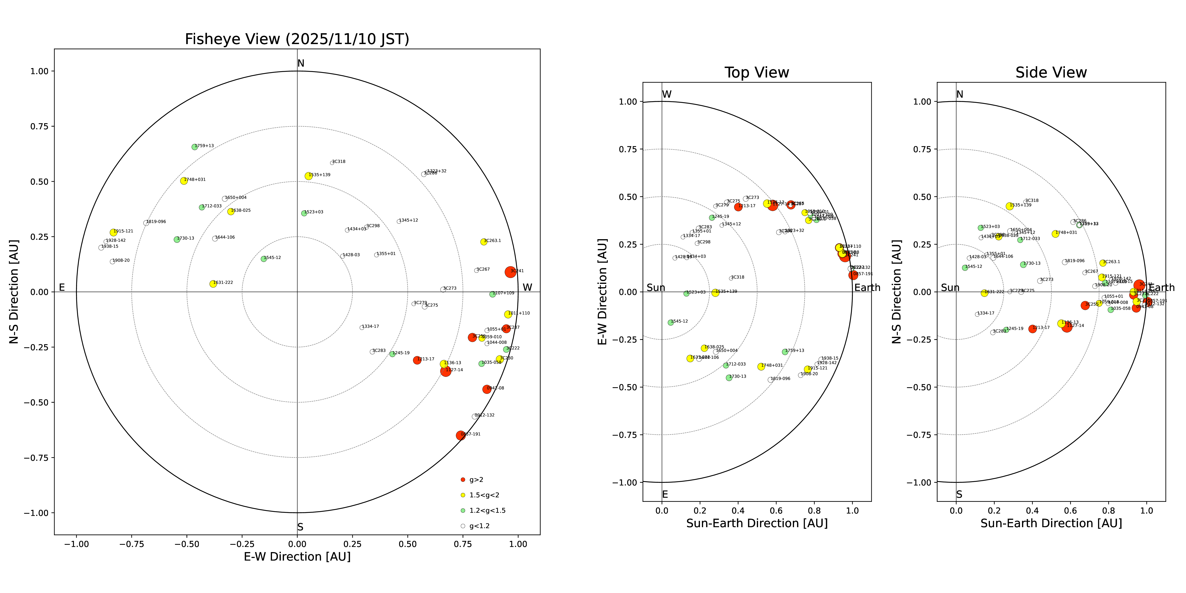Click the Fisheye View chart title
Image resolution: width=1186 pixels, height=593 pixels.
[x=297, y=39]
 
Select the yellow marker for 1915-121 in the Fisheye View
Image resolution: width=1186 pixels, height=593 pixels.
[x=113, y=232]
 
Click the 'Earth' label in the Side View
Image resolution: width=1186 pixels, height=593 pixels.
[x=1162, y=288]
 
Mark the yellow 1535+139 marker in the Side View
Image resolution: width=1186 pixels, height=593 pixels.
[x=1010, y=206]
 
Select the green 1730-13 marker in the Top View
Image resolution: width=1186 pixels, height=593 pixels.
[x=729, y=378]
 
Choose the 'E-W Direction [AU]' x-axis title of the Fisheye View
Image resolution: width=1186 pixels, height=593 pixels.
[x=297, y=557]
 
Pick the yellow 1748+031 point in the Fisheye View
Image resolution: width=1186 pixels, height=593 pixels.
[x=184, y=181]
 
